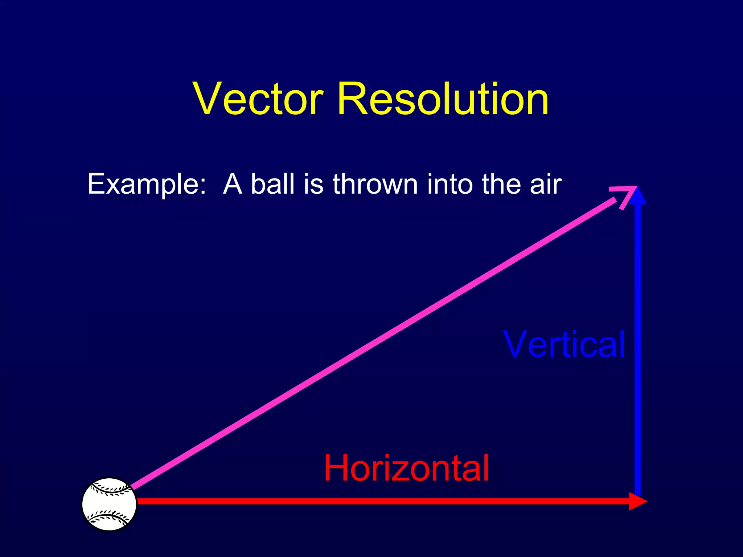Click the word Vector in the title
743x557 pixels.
coord(258,99)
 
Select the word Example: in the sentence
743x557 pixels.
coord(147,184)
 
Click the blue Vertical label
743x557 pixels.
coord(564,344)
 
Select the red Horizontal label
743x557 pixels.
coord(406,468)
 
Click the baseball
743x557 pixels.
coord(109,504)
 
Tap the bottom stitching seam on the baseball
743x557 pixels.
coord(109,517)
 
